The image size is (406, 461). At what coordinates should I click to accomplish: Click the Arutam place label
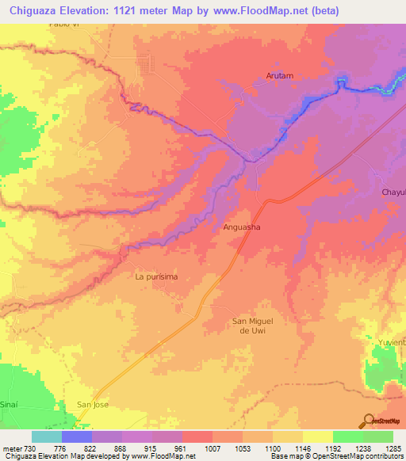click(278, 76)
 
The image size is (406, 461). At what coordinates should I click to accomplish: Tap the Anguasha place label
click(243, 227)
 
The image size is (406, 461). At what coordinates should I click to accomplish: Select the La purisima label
click(155, 276)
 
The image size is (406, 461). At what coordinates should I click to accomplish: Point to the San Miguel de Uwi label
click(252, 326)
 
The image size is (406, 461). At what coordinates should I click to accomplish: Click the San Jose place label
click(92, 404)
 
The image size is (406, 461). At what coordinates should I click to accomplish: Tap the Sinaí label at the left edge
click(9, 404)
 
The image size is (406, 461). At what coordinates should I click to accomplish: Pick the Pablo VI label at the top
click(64, 25)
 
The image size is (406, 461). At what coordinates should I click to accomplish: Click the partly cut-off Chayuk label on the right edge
click(393, 192)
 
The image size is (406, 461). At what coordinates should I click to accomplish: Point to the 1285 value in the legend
click(393, 448)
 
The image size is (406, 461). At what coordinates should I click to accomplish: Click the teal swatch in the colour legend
click(47, 436)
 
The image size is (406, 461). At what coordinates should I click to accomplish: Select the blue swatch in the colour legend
click(77, 436)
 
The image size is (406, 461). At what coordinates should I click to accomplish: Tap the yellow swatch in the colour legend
click(317, 436)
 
